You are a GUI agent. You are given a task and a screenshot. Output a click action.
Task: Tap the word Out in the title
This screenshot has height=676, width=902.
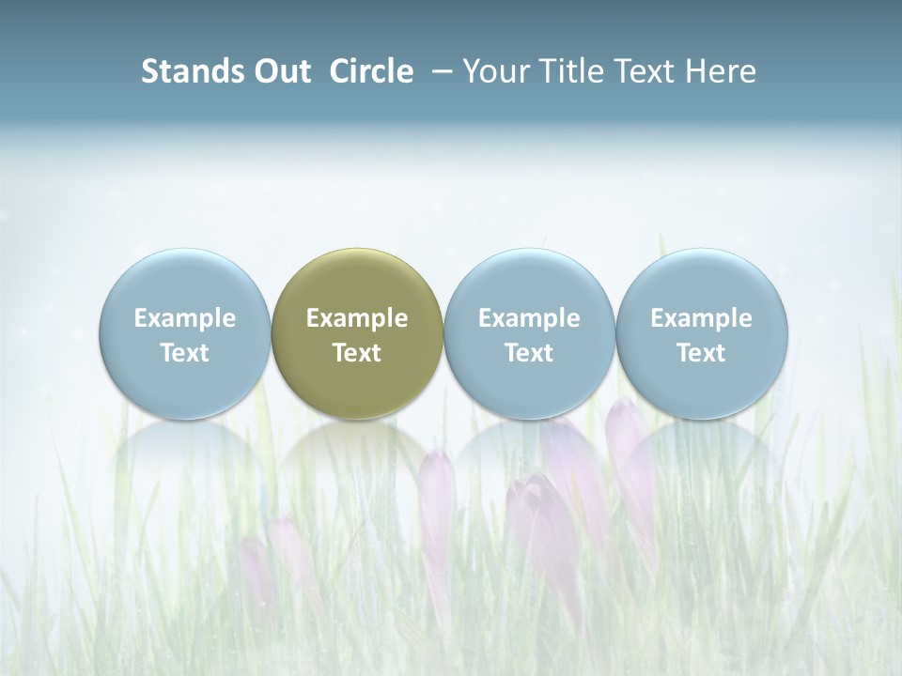(x=280, y=71)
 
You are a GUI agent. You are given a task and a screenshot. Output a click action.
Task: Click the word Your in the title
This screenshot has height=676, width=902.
(x=496, y=71)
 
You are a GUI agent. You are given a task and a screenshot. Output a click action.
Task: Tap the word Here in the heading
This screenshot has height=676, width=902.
(x=722, y=71)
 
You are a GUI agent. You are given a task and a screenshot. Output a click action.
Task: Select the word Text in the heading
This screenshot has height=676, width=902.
(x=650, y=71)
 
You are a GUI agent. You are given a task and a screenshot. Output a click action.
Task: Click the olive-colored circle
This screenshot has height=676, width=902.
(x=357, y=282)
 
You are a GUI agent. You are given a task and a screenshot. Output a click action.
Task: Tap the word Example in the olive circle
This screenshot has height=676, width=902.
(x=357, y=318)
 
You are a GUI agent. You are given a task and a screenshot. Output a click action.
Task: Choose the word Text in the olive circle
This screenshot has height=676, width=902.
(x=357, y=353)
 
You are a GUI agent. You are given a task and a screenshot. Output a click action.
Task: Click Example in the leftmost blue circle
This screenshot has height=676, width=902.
(x=185, y=318)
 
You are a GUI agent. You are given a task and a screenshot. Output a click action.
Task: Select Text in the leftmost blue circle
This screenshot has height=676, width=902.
(x=185, y=353)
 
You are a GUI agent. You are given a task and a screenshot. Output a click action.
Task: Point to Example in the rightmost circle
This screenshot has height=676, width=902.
(x=701, y=318)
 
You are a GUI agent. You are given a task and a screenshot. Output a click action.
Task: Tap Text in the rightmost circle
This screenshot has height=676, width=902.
(x=701, y=353)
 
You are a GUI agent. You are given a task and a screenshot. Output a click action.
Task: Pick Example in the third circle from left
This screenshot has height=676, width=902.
(x=529, y=318)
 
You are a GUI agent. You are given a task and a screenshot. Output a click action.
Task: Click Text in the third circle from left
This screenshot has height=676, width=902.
(x=529, y=353)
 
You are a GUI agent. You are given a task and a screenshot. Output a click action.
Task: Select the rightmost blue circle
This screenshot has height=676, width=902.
(x=701, y=282)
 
